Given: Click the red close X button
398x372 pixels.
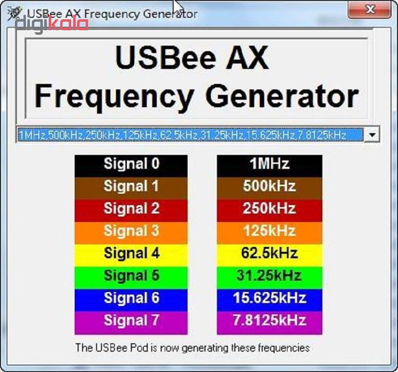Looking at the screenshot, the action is click(369, 10).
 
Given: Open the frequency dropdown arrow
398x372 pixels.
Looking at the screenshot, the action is click(372, 135).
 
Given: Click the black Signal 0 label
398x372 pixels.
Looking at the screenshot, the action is click(131, 166).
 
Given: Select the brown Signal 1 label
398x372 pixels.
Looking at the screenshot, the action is click(131, 188).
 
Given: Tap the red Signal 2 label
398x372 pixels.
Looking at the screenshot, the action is click(131, 211).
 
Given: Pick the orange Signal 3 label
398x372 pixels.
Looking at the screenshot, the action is click(131, 233).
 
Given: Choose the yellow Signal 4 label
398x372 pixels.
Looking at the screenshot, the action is click(131, 255).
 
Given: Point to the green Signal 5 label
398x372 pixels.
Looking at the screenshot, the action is click(131, 278).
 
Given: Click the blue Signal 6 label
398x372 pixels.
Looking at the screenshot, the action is click(131, 300).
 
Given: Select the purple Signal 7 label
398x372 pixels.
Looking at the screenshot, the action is click(131, 323).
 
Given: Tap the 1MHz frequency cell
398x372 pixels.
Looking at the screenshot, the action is click(270, 166).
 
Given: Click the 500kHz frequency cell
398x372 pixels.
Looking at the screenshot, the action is click(270, 188).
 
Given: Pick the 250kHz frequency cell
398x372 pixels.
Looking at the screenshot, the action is click(270, 211).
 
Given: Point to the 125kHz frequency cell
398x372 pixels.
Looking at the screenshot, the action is click(270, 233).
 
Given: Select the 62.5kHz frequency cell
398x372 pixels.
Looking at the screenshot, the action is click(270, 255).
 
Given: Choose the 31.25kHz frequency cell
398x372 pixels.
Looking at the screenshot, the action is click(270, 278).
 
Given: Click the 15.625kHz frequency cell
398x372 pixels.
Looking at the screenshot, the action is click(270, 300).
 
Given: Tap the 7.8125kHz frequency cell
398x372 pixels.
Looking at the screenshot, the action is click(270, 323).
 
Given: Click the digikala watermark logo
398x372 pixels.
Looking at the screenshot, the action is click(52, 24).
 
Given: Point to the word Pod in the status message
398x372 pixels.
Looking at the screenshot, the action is click(139, 348).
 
